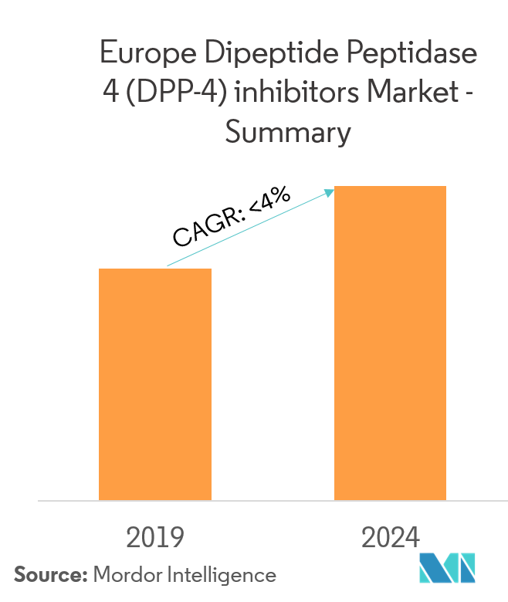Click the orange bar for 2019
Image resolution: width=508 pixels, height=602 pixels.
[x=155, y=384]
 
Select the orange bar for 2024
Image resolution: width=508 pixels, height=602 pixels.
[x=390, y=343]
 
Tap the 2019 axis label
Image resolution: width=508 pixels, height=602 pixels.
[x=155, y=537]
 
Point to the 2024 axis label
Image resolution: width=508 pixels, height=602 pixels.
[x=389, y=537]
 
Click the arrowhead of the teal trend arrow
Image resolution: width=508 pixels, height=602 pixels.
[x=330, y=191]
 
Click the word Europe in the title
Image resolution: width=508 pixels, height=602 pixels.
[x=146, y=55]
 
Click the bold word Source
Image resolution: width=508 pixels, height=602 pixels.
[x=50, y=575]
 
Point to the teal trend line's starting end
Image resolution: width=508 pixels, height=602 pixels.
[x=168, y=266]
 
